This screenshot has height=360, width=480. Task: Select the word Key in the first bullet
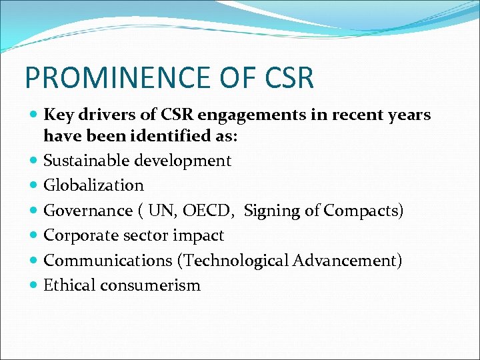[x=58, y=115]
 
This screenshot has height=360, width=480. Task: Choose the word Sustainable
[x=86, y=161]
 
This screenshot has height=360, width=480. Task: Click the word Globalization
[x=93, y=185]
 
